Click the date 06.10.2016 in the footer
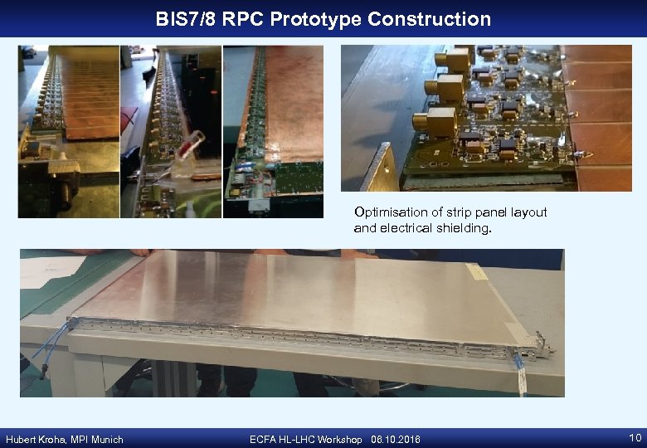[396, 439]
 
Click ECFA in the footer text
[264, 439]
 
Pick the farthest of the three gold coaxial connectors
[455, 59]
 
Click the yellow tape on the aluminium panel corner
[476, 271]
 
